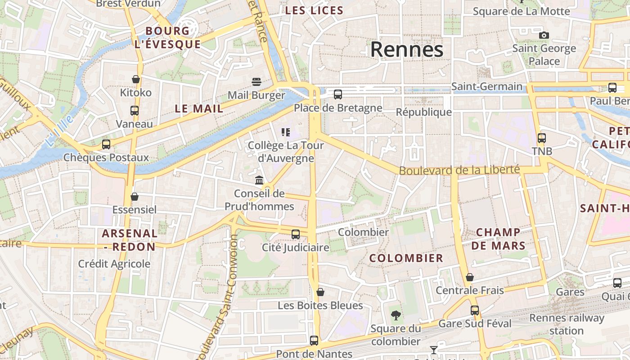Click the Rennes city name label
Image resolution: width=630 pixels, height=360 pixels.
[x=406, y=49]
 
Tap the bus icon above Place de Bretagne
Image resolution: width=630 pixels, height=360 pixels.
[x=338, y=94]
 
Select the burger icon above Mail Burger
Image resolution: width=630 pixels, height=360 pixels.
[x=256, y=81]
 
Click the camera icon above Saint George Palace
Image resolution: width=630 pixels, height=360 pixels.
[x=544, y=35]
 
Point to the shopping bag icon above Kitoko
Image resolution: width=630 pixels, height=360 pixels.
[x=136, y=79]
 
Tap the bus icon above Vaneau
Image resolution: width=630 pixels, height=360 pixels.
[x=134, y=110]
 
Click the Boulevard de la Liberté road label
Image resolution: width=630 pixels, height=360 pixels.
[x=459, y=171]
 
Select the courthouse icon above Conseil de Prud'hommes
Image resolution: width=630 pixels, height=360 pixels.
[x=259, y=180]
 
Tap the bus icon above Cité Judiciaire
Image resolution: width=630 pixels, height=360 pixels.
[x=296, y=234]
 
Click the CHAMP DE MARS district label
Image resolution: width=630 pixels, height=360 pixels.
[x=498, y=239]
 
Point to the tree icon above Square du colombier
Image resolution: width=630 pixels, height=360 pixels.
[x=396, y=315]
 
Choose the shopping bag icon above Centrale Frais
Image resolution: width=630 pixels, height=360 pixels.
[x=470, y=277]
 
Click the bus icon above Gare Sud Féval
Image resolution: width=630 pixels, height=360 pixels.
[x=475, y=310]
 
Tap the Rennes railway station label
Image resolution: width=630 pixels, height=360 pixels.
[x=567, y=324]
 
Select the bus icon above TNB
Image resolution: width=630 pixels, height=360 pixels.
[x=542, y=138]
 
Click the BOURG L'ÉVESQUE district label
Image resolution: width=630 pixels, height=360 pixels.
[x=167, y=37]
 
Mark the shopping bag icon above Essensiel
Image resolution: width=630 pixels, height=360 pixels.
[x=134, y=197]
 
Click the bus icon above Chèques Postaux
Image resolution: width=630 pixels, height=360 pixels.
[x=106, y=144]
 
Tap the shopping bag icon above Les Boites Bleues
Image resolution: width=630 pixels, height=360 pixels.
[x=320, y=292]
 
